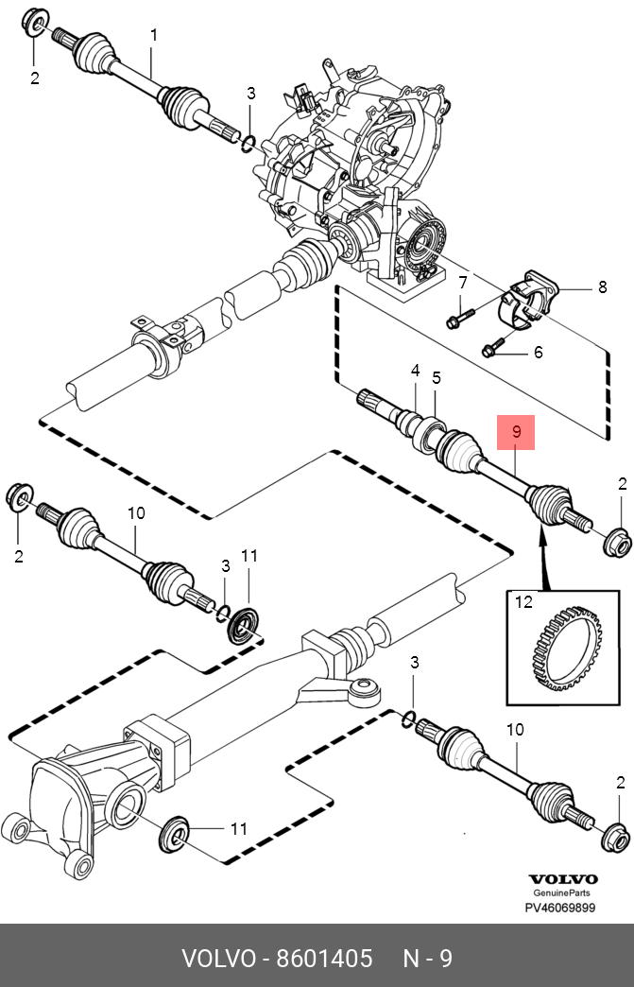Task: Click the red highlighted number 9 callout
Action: (516, 432)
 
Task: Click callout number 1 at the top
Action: (154, 35)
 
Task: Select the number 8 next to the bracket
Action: (602, 287)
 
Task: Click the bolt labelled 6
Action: (494, 346)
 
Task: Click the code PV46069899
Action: (559, 907)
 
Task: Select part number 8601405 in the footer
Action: (324, 958)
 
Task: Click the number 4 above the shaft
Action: (415, 371)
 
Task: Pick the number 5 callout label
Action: (437, 377)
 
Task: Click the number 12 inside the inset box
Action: (524, 602)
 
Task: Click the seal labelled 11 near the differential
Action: (176, 834)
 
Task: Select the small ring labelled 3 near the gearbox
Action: (248, 144)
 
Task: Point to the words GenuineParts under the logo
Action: (561, 892)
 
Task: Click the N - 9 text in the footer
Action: (427, 958)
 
